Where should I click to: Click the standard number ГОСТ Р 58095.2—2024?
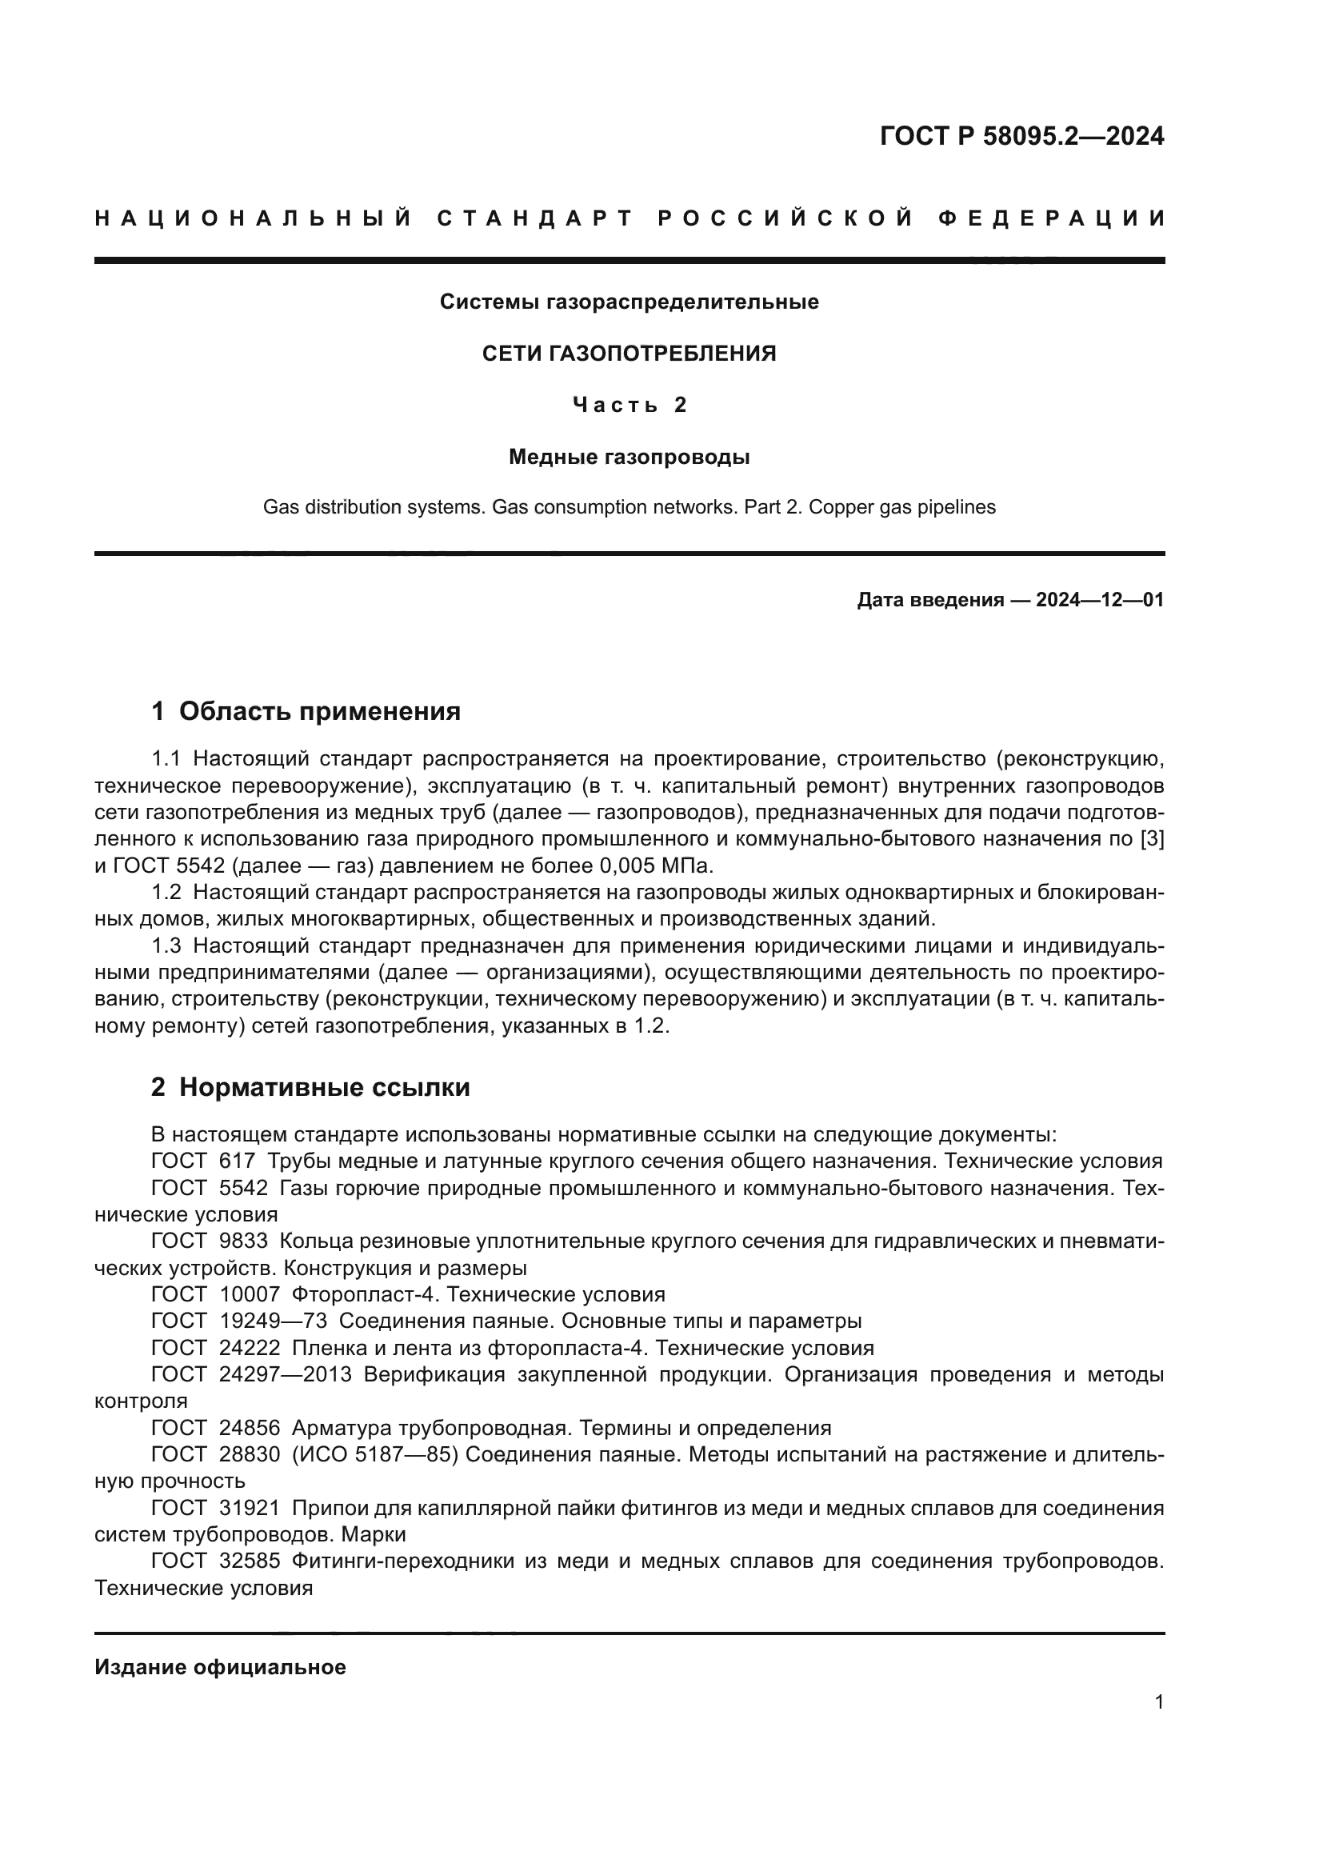pos(1021,136)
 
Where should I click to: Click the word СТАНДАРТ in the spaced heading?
pos(534,218)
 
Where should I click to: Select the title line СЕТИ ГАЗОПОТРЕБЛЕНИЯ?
pos(629,354)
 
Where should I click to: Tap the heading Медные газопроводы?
pos(629,458)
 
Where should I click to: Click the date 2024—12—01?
pos(1099,601)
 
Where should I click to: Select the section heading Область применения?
pos(319,711)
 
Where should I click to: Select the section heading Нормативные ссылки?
pos(324,1087)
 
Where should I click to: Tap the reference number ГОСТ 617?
pos(203,1161)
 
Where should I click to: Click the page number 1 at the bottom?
pos(1158,1701)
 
